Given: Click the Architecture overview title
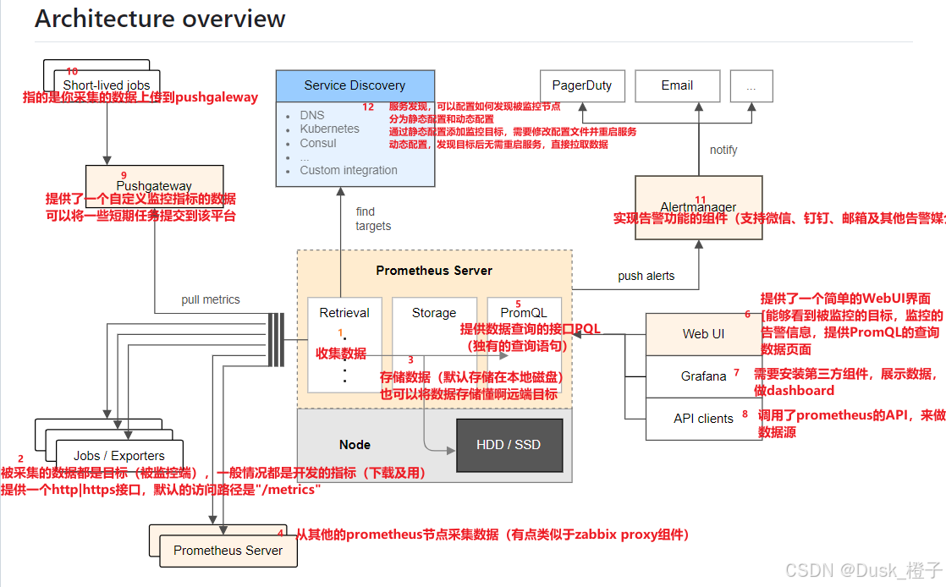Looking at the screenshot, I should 160,19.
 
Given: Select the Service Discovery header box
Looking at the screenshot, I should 355,85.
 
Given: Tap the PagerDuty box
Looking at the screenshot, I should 581,85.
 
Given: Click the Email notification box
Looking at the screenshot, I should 677,85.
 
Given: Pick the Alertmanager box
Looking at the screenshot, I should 699,207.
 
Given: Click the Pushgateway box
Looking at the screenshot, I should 154,185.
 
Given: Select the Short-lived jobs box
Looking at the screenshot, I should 107,85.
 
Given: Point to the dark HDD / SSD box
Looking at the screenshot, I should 509,445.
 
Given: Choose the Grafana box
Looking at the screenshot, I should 703,376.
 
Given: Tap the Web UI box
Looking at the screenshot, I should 703,333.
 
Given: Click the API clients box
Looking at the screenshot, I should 703,419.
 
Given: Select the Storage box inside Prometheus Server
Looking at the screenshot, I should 434,313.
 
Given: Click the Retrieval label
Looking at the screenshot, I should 344,313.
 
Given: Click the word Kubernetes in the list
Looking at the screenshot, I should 329,129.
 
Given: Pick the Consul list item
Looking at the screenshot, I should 317,143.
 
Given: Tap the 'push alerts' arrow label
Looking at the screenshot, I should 647,276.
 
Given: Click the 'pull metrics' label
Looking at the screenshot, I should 211,299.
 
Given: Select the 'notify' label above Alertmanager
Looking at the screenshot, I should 723,150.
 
